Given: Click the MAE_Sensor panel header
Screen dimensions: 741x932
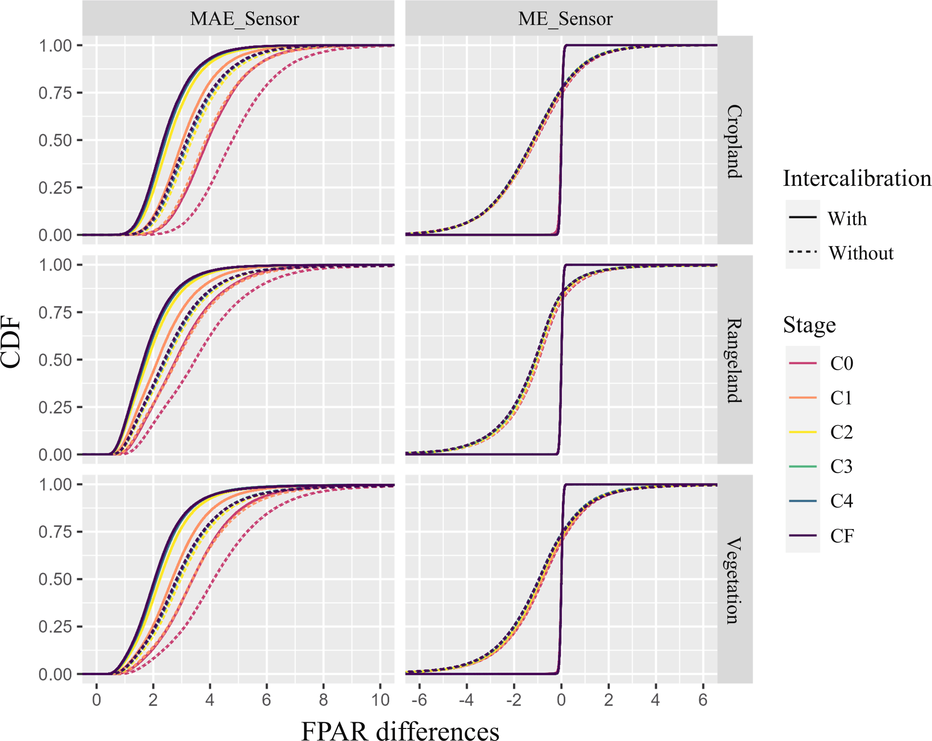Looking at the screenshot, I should (x=244, y=19).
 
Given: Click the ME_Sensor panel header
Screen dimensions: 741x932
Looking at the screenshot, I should (x=565, y=19).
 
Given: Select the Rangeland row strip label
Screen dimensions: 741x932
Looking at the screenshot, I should (x=734, y=360).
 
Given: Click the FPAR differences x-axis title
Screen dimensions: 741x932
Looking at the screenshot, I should (x=400, y=730).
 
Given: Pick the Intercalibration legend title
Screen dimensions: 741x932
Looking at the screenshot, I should (x=857, y=178).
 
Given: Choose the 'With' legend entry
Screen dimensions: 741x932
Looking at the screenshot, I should (x=847, y=219).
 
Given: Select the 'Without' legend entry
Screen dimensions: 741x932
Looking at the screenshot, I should (x=860, y=253).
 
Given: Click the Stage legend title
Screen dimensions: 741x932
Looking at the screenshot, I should (x=809, y=325).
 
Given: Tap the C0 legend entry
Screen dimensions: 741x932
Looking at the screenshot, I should (x=841, y=363).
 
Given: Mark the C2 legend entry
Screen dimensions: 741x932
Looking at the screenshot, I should (x=841, y=432).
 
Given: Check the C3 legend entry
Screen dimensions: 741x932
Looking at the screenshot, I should (x=841, y=466).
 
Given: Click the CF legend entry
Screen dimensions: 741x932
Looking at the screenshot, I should (x=841, y=535).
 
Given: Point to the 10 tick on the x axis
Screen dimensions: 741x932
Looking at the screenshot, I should (x=381, y=700).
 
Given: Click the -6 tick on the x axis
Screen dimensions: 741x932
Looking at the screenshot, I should (x=419, y=700).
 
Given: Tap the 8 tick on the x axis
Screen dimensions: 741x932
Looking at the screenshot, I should (x=323, y=700).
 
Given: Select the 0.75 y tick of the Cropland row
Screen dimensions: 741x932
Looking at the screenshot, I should (x=55, y=93).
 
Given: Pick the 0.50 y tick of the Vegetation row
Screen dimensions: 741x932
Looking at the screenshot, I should (x=55, y=579).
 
